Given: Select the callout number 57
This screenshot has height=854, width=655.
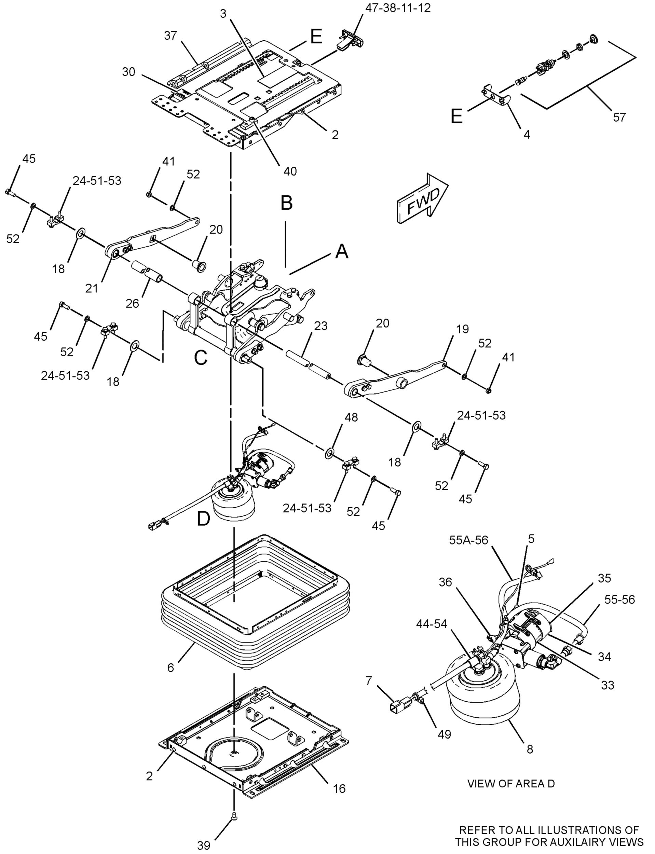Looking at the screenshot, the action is [x=619, y=117].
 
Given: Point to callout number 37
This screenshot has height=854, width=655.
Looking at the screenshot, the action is [x=170, y=36].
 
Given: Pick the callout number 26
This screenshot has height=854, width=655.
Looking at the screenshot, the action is [x=132, y=303].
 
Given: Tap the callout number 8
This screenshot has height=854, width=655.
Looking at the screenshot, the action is [x=530, y=749].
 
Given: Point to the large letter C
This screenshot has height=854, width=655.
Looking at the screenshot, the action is [x=201, y=357].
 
